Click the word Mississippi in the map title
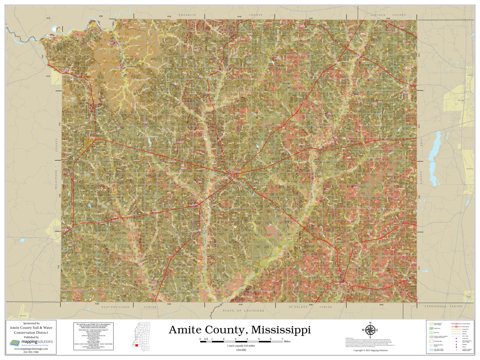(x=281, y=330)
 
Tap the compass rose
(x=370, y=330)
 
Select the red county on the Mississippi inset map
(x=137, y=345)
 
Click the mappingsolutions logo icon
(x=14, y=342)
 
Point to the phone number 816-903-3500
(x=31, y=352)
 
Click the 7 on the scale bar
(x=282, y=339)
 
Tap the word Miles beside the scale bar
(x=287, y=342)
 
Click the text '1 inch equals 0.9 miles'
(x=241, y=346)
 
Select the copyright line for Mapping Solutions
(x=370, y=350)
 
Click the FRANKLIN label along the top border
(x=187, y=15)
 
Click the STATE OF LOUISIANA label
(x=243, y=310)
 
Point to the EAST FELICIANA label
(x=115, y=307)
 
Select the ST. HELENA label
(x=298, y=307)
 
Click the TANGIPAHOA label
(x=435, y=306)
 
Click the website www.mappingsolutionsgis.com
(x=31, y=349)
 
